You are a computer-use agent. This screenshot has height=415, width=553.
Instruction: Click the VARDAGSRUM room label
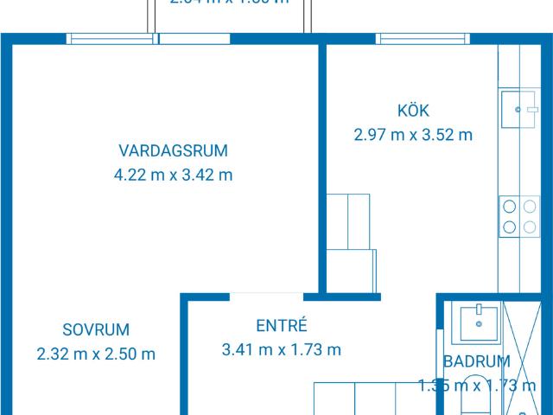click(x=173, y=150)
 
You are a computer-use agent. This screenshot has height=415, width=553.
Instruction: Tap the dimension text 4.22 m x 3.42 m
click(x=173, y=175)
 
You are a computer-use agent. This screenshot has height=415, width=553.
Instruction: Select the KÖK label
click(x=413, y=110)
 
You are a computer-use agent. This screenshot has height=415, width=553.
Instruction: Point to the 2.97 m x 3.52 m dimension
click(x=413, y=134)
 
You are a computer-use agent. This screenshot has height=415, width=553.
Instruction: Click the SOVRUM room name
click(x=96, y=329)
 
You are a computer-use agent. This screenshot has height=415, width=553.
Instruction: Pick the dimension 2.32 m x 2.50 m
click(x=96, y=353)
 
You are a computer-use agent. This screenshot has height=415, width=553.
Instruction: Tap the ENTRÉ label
click(x=282, y=326)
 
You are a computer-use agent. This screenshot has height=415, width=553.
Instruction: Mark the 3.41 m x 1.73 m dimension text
click(x=282, y=350)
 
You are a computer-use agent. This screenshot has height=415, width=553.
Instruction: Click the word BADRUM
click(x=476, y=361)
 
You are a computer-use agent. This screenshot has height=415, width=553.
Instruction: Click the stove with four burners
click(x=518, y=216)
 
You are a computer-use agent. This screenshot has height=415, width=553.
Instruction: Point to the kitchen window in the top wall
click(x=422, y=38)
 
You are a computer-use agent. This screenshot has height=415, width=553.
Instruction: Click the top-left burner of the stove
click(x=509, y=207)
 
